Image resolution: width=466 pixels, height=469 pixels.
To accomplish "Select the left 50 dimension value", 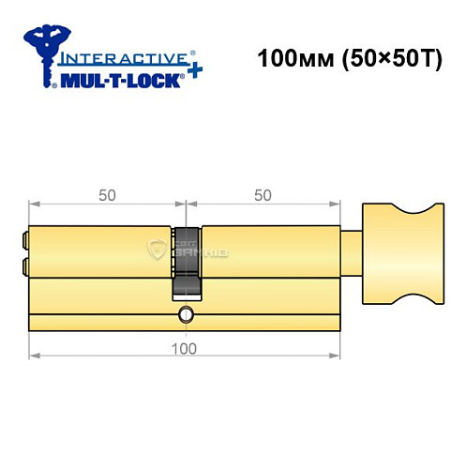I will tap(107, 195).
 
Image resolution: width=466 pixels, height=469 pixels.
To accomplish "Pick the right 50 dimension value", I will tap(263, 195).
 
